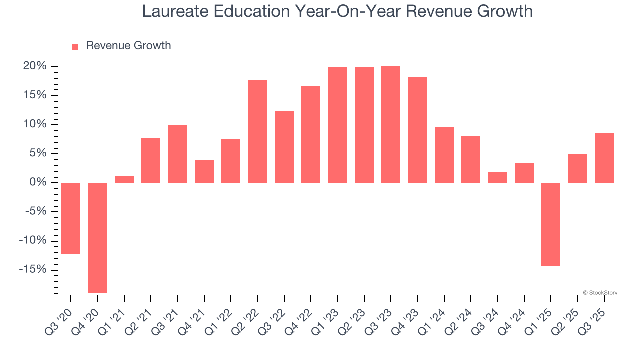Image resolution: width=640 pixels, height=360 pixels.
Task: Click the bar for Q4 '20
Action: click(98, 237)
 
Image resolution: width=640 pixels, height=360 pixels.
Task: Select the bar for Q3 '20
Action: click(71, 218)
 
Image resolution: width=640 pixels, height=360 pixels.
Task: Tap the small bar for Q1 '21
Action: click(124, 179)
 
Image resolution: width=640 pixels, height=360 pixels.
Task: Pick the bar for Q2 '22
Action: click(258, 131)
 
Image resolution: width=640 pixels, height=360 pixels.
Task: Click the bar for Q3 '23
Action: click(391, 124)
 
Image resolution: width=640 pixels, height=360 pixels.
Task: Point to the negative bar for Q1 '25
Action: click(551, 224)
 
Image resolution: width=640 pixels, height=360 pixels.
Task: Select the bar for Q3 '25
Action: click(604, 158)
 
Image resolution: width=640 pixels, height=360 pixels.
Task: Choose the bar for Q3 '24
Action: click(497, 177)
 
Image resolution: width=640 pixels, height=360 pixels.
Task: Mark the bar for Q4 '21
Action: click(204, 171)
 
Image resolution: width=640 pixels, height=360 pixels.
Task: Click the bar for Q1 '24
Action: click(444, 155)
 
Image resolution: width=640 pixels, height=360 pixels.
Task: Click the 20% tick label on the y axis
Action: click(34, 66)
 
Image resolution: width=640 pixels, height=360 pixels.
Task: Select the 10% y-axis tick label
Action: click(34, 124)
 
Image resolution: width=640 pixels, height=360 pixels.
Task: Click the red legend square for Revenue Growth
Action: click(75, 46)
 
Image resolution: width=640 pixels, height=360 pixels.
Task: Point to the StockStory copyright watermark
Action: click(600, 293)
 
